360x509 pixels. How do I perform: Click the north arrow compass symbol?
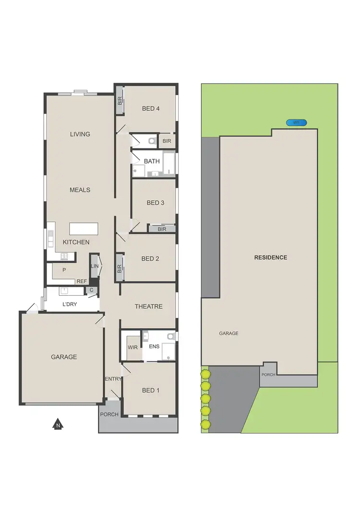point(57,424)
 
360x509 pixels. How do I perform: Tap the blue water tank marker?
point(296,122)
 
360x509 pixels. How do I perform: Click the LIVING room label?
point(80,134)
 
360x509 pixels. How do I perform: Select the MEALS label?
point(80,190)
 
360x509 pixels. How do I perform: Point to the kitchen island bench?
point(84,229)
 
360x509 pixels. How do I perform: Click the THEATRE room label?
point(148,306)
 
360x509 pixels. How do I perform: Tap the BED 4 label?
point(151,109)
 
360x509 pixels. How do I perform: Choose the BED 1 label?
point(151,390)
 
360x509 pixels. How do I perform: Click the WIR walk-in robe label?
point(132,347)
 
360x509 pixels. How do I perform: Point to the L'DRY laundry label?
point(70,304)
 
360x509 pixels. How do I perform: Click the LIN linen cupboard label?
point(95,266)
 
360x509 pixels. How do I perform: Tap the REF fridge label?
point(82,281)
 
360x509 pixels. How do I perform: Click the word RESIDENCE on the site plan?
point(271,257)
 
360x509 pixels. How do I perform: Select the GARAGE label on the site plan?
point(228,333)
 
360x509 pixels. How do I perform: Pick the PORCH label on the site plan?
point(268,375)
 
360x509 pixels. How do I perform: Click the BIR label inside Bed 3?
point(162,229)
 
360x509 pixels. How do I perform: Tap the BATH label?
point(152,161)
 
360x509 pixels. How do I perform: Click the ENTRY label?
point(113,379)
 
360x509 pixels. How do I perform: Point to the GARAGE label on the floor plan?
point(64,357)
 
